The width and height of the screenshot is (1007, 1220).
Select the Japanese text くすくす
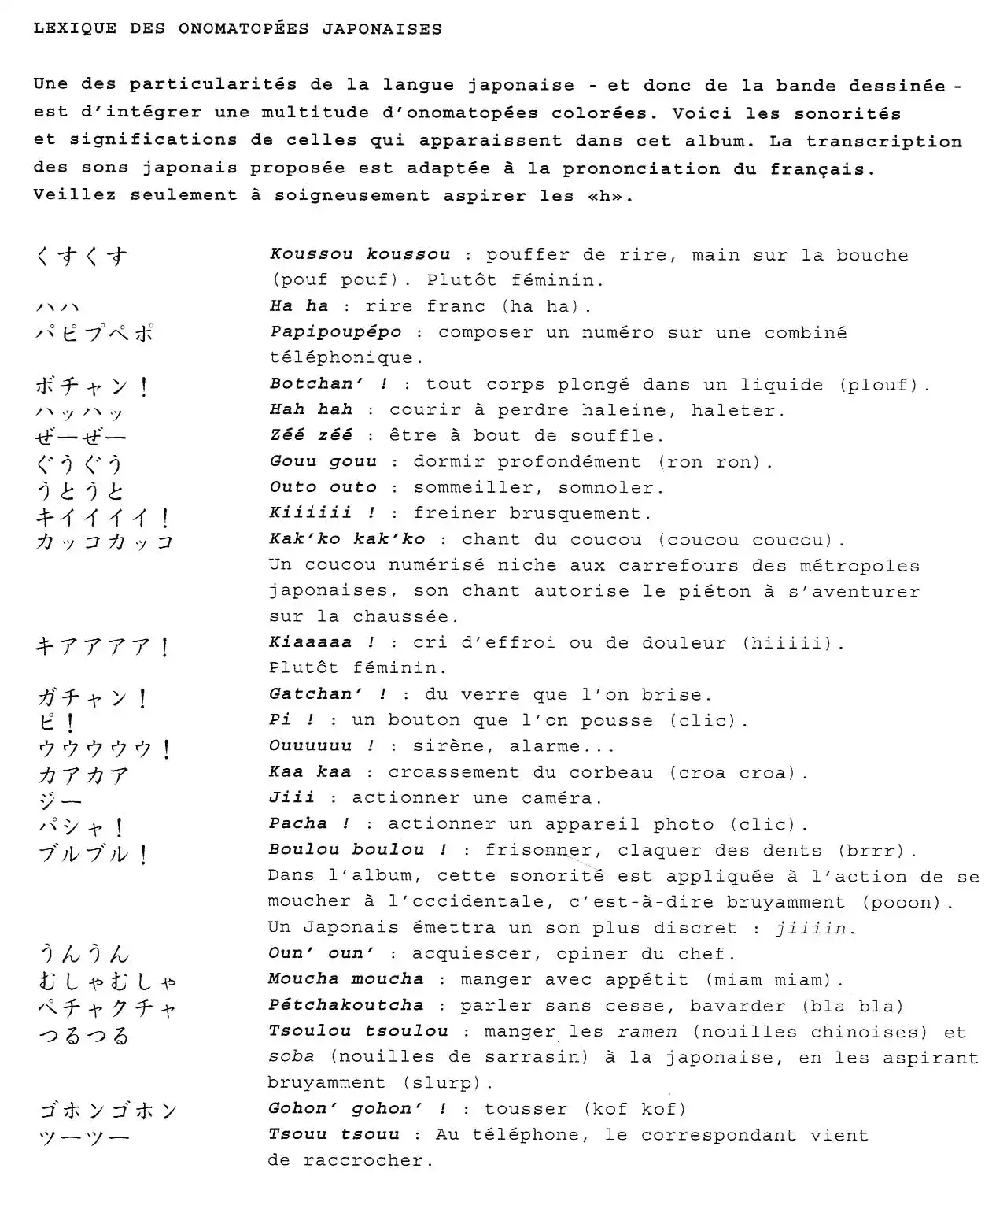pyautogui.click(x=81, y=256)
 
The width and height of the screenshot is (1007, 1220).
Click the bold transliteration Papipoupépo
pyautogui.click(x=335, y=332)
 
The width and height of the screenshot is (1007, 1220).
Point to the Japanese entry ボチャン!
pyautogui.click(x=92, y=386)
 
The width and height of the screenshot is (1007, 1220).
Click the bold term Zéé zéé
pyautogui.click(x=311, y=435)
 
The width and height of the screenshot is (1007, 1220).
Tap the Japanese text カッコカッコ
pyautogui.click(x=104, y=542)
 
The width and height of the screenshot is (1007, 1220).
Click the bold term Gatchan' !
pyautogui.click(x=327, y=694)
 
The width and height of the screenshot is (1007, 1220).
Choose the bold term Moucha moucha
pyautogui.click(x=345, y=979)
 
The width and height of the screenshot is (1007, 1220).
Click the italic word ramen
pyautogui.click(x=647, y=1032)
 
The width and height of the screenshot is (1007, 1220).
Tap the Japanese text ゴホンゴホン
pyautogui.click(x=109, y=1111)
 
